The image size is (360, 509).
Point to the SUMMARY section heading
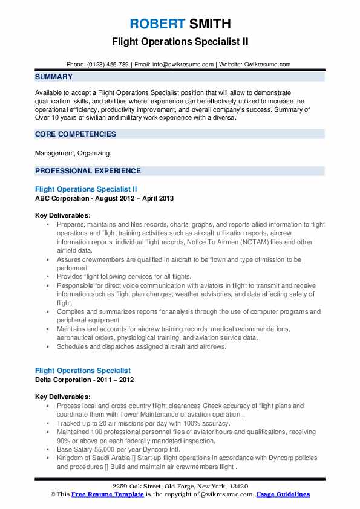[x=54, y=77]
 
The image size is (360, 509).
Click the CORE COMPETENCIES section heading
[x=76, y=134]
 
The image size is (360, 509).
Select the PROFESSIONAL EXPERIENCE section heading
[x=88, y=170]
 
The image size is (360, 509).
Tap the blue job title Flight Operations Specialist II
[x=90, y=189]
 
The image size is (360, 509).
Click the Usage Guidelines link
[x=283, y=494]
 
